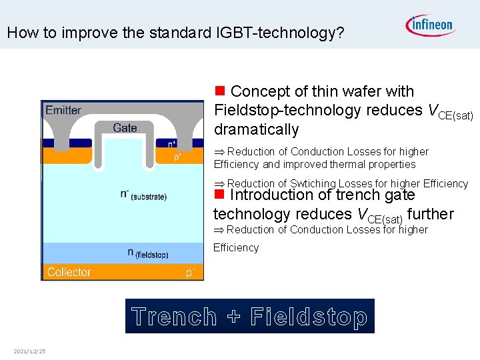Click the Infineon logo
430,25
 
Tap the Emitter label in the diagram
64,111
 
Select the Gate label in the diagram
125,128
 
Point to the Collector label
69,272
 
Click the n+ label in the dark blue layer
172,143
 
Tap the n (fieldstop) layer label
147,253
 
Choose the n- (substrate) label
143,195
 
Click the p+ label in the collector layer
190,272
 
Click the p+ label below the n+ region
179,157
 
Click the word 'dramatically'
256,129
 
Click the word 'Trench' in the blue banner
174,317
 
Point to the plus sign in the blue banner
233,317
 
